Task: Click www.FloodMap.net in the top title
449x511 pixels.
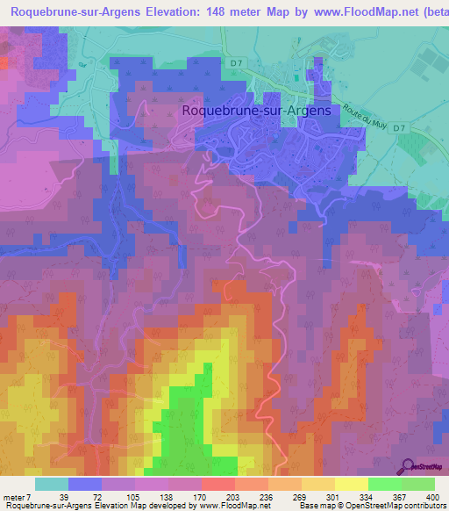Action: click(x=365, y=12)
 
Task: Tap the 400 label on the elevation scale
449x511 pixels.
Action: click(x=428, y=498)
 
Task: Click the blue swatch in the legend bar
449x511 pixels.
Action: click(x=85, y=484)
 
